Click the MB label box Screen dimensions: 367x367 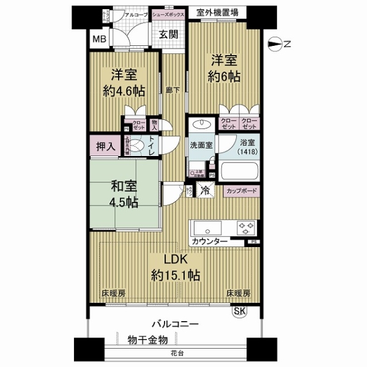[x=98, y=41]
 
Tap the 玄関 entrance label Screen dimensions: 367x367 [x=168, y=35]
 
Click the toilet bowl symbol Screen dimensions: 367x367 [x=138, y=146]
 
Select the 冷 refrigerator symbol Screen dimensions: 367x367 [x=206, y=190]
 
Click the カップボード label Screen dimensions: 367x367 [x=241, y=190]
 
